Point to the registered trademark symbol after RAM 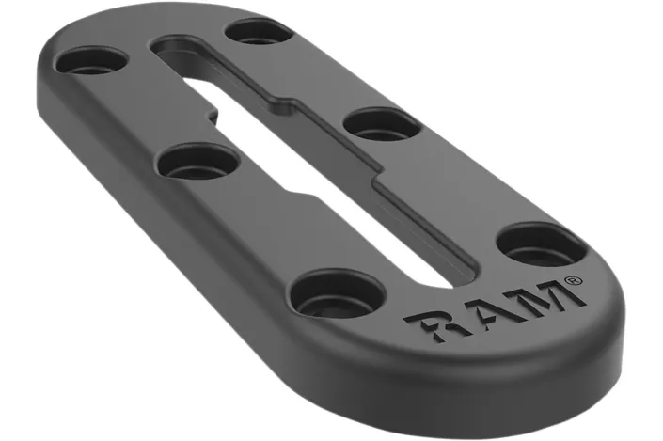pos(572,279)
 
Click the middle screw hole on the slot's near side pos(197,161)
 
